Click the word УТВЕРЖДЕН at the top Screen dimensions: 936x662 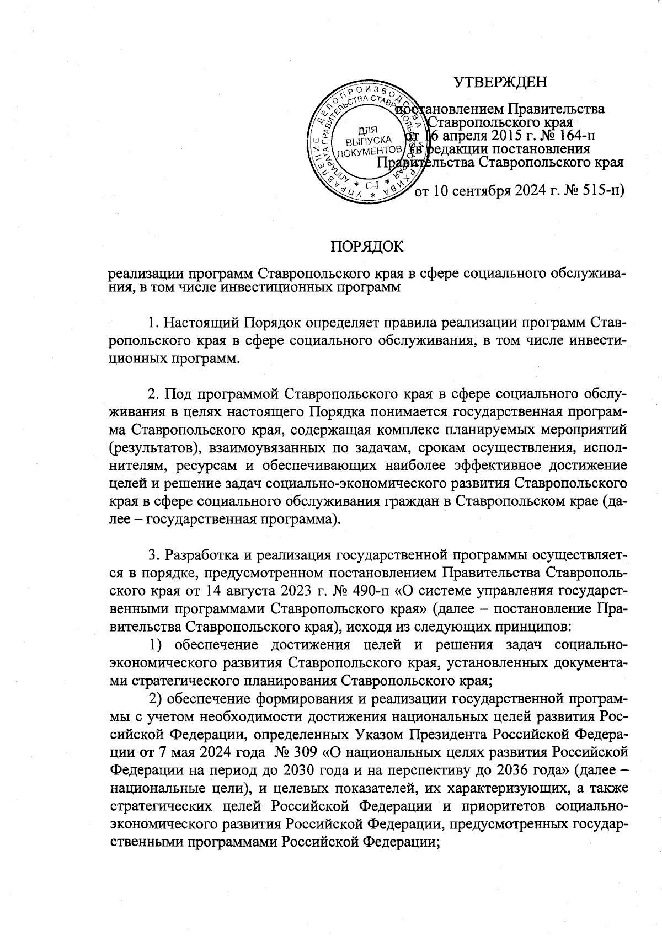click(500, 82)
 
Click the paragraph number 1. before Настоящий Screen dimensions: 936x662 click(154, 322)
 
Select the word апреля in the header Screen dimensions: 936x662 click(465, 135)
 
